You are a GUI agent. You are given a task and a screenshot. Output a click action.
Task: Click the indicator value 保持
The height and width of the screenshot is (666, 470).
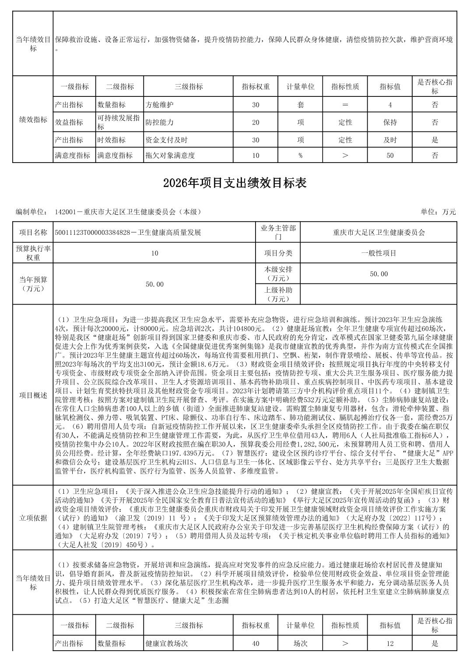click(x=390, y=122)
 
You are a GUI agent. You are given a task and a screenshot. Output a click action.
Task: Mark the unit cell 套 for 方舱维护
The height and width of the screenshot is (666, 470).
click(x=301, y=105)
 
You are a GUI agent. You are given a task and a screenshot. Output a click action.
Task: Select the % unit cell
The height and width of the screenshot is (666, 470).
click(x=301, y=155)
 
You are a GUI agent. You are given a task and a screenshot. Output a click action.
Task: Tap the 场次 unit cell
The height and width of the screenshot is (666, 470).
click(x=301, y=644)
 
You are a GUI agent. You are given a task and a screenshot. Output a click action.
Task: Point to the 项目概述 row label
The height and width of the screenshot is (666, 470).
click(x=33, y=395)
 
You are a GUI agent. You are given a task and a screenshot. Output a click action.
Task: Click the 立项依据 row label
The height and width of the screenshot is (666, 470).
click(x=33, y=518)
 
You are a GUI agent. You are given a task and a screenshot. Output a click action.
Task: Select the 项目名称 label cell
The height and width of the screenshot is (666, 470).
click(x=33, y=232)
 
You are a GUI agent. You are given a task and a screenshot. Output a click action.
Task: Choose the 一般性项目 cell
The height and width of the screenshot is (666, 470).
click(x=379, y=253)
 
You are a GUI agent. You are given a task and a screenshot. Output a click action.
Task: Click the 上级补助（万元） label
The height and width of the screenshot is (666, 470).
click(x=277, y=294)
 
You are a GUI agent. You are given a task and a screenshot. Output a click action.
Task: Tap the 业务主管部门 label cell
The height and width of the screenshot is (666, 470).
click(x=277, y=232)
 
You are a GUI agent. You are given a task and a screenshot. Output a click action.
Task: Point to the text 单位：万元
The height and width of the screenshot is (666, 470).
click(x=438, y=212)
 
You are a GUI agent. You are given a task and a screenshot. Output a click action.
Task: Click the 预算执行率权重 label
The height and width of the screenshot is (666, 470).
click(x=33, y=253)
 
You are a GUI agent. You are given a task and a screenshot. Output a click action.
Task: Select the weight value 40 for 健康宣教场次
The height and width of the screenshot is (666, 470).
click(x=256, y=644)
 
